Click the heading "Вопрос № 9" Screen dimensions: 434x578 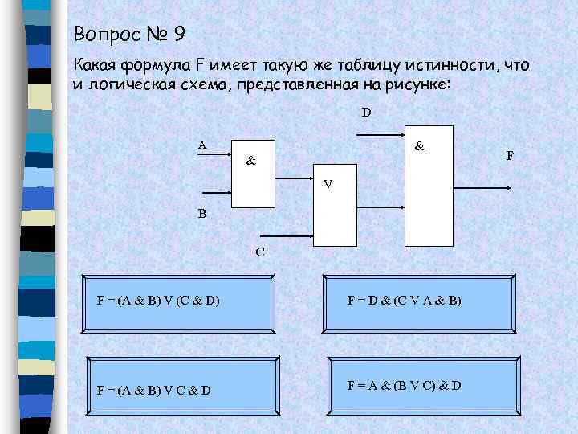(128, 35)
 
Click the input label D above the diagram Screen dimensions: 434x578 (366, 113)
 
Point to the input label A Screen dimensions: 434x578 (202, 145)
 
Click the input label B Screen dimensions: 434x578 (202, 215)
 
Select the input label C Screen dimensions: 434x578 (259, 252)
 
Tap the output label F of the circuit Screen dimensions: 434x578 (509, 154)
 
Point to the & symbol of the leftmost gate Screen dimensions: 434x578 (251, 161)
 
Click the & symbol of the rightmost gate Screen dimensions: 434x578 (420, 147)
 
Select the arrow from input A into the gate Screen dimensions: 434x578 (215, 158)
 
